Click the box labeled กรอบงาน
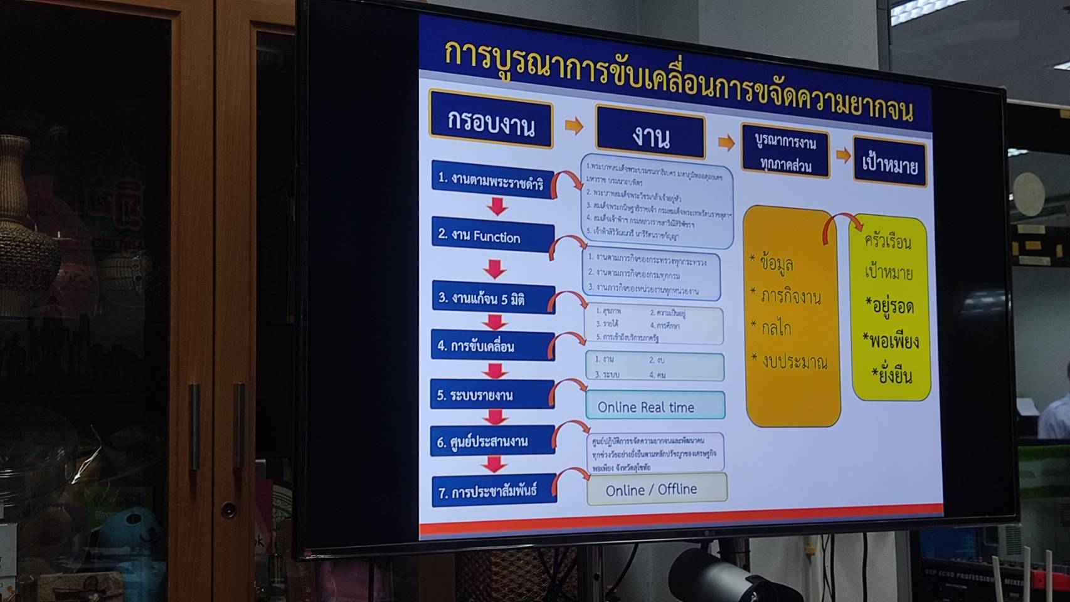491,120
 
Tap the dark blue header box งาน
650,134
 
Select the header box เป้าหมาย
889,162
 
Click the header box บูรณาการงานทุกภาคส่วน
785,154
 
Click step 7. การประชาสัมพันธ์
494,491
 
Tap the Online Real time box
655,406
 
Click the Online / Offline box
657,489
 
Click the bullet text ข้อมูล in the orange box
775,263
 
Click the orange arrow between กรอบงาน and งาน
574,126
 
